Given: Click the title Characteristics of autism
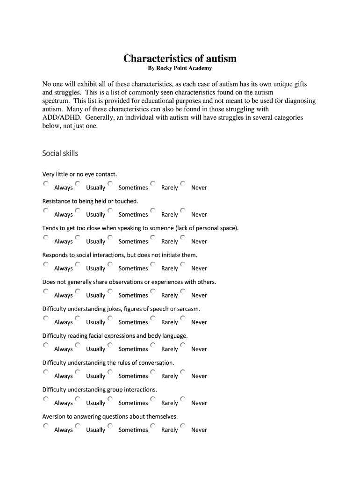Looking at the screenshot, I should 180,58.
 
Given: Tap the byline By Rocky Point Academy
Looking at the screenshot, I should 180,68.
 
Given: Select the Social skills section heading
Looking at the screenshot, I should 60,153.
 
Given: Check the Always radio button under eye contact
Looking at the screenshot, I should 46,184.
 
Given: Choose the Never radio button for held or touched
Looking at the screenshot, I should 183,211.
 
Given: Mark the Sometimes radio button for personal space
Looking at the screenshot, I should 110,238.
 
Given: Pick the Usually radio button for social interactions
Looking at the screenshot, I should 78,265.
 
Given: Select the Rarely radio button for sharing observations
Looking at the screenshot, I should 153,291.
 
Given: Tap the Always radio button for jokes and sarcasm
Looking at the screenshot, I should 46,319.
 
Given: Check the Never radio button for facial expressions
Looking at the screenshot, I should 183,345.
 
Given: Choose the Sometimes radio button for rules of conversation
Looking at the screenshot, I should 110,372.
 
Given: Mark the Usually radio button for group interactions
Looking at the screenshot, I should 78,399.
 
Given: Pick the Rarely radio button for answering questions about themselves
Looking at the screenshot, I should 153,426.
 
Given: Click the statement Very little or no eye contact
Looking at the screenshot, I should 79,174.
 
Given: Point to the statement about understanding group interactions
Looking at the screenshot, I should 100,390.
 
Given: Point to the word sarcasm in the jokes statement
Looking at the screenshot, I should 187,309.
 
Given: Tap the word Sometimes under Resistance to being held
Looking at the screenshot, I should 133,215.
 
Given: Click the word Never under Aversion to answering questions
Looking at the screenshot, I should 199,430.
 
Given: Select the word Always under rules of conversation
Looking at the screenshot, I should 64,376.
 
